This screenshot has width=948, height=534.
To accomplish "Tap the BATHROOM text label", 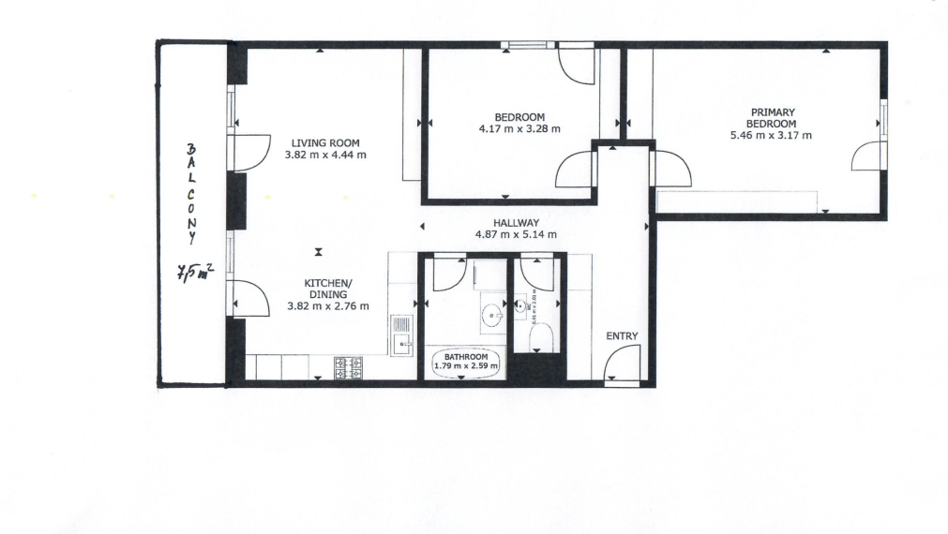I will click(x=465, y=357).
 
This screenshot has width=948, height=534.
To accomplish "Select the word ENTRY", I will click(x=622, y=335).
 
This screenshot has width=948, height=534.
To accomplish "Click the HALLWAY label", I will click(x=512, y=222).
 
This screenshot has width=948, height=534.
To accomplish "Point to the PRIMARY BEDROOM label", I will click(x=771, y=117).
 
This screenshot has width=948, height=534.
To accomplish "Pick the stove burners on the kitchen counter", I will click(x=349, y=368).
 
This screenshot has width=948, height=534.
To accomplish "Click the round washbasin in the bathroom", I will click(x=491, y=315).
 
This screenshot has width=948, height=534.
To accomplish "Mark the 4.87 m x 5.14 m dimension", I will click(x=512, y=234).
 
